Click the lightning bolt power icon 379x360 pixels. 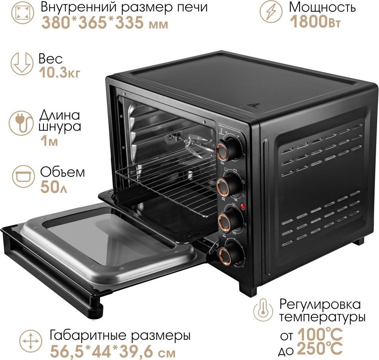click(x=271, y=12)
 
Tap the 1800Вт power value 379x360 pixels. click(x=315, y=21)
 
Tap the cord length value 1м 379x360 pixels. click(x=49, y=141)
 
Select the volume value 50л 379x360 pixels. click(x=53, y=187)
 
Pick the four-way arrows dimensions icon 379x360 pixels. click(x=31, y=341)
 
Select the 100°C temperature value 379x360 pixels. click(x=320, y=335)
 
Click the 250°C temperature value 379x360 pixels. click(x=320, y=349)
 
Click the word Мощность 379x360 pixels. click(x=322, y=7)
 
